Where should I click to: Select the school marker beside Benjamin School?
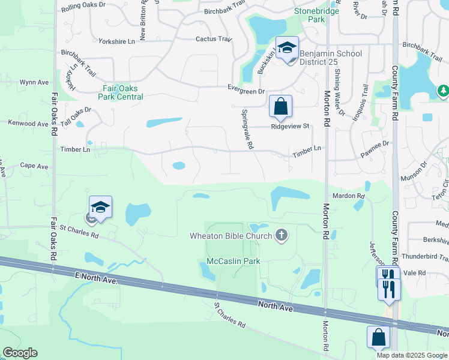pos(288,47)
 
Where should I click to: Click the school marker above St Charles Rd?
pos(100,208)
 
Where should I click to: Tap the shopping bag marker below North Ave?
pos(379,338)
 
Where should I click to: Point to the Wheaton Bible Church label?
pos(231,235)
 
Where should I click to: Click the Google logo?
pos(20,353)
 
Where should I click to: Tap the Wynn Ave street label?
pos(34,82)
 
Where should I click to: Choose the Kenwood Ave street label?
pos(28,124)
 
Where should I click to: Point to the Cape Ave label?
pos(34,166)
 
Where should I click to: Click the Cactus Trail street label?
pos(213,39)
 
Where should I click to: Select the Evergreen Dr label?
pos(246,91)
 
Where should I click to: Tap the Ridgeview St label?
pos(289,127)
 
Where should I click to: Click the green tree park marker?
pos(442,91)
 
